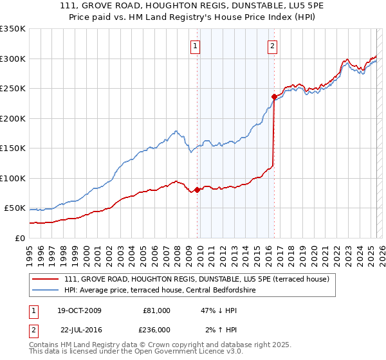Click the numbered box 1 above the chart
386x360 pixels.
tap(195, 46)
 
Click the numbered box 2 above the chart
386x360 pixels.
tap(273, 46)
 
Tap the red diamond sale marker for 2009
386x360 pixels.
tap(197, 190)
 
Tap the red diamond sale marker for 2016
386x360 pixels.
tap(273, 97)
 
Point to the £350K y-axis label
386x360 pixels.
tap(13, 29)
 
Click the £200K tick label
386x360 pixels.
tap(13, 118)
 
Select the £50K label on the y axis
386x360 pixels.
tap(15, 208)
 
